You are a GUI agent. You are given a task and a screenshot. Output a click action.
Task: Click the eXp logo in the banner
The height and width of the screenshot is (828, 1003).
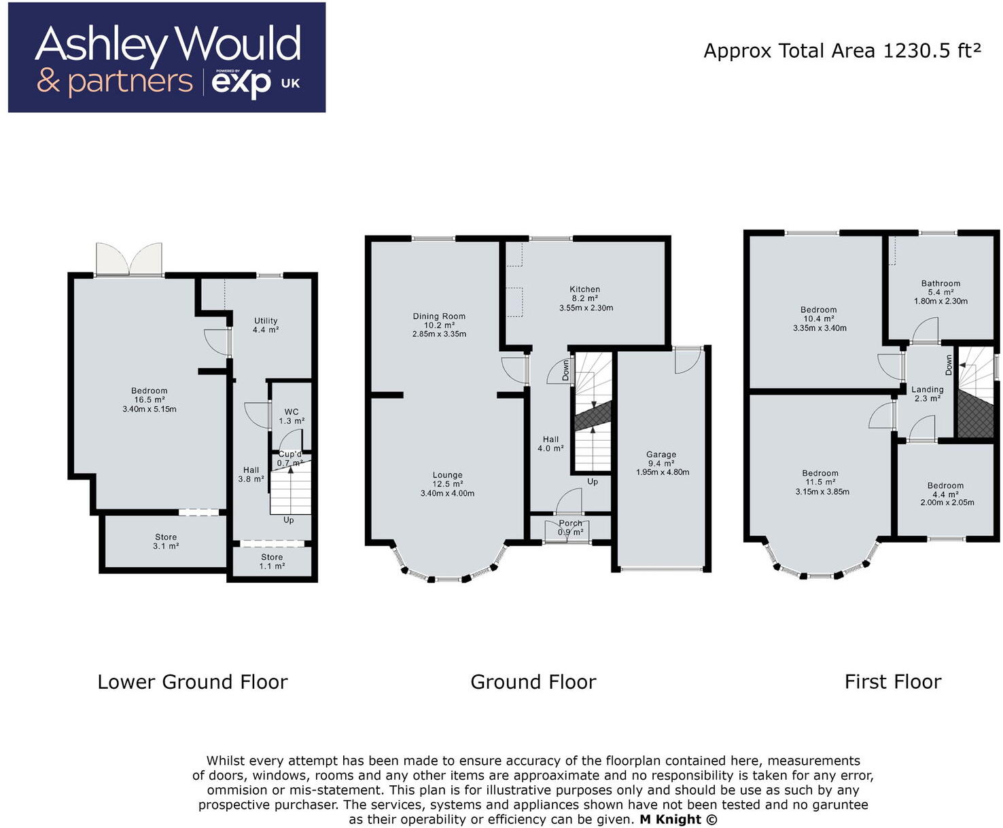[241, 83]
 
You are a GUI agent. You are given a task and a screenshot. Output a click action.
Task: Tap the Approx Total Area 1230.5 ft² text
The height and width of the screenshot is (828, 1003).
[842, 51]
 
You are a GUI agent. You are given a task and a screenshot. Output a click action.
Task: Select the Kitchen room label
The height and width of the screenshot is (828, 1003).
[584, 289]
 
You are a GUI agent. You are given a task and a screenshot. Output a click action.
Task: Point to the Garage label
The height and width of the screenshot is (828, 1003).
[661, 454]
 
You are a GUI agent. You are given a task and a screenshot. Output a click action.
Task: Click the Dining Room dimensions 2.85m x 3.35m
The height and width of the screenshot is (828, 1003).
[439, 334]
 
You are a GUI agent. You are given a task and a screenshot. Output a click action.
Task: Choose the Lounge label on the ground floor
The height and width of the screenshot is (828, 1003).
[447, 475]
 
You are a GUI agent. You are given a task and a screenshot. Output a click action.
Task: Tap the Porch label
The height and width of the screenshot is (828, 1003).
[570, 524]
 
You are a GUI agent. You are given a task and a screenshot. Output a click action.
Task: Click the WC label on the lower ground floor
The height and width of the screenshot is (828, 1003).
[292, 412]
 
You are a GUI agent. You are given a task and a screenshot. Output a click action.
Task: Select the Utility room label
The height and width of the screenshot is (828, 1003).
[266, 321]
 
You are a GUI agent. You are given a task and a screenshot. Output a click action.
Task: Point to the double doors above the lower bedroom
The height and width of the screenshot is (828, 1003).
[129, 259]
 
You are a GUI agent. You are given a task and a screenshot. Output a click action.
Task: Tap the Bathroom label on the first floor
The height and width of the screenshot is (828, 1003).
[940, 283]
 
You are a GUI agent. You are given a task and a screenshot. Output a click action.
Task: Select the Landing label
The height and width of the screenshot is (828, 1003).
[927, 390]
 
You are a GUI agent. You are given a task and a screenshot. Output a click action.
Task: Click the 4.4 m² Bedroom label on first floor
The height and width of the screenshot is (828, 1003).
[945, 486]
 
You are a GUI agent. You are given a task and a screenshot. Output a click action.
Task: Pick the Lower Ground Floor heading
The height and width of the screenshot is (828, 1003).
[192, 682]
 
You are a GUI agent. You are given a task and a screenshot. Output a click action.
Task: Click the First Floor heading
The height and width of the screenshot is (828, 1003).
[892, 682]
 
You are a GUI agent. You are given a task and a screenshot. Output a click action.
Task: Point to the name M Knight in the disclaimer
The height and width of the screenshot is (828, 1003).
[670, 819]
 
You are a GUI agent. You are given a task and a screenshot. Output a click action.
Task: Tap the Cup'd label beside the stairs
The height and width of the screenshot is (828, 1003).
[289, 454]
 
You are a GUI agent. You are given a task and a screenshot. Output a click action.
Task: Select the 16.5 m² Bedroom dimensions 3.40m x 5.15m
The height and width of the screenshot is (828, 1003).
[149, 409]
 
